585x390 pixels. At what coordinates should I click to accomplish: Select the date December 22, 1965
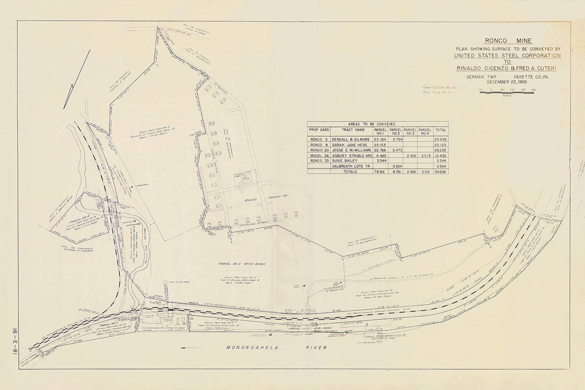(508, 82)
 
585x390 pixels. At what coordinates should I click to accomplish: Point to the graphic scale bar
(507, 92)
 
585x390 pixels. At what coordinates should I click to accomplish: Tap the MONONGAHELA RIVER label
(276, 347)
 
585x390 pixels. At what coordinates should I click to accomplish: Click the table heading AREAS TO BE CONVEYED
(378, 124)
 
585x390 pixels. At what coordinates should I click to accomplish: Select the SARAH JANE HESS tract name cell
(349, 145)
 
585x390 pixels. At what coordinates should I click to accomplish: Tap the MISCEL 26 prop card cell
(319, 156)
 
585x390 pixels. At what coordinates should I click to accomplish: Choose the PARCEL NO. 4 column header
(425, 131)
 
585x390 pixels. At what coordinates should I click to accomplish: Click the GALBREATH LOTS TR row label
(351, 166)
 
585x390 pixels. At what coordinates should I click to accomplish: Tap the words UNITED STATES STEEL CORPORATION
(508, 56)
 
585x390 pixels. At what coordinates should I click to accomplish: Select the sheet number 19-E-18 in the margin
(9, 338)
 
